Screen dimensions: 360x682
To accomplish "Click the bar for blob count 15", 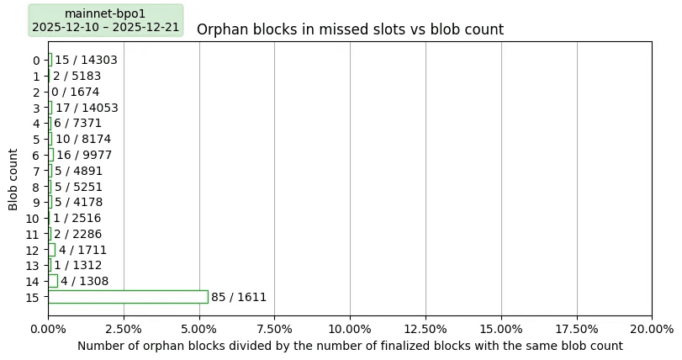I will click(x=128, y=297).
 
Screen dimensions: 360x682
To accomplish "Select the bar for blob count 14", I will click(x=53, y=281).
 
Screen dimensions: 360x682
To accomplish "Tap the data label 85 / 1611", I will click(x=239, y=297).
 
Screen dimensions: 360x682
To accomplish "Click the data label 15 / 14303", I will click(x=86, y=60).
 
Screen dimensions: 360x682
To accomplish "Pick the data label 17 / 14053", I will click(x=87, y=108).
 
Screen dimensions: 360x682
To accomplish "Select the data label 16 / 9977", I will click(x=84, y=155).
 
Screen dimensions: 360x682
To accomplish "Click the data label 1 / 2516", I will click(x=77, y=218).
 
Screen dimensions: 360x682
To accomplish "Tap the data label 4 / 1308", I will click(x=84, y=281).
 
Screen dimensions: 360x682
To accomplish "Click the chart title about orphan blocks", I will click(x=350, y=30).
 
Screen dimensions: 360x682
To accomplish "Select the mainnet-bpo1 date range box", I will click(x=105, y=20).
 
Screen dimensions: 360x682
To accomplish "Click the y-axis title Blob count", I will click(x=13, y=178).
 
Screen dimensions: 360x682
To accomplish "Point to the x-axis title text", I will click(x=350, y=346).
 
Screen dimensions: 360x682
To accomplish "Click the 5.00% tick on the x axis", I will click(x=199, y=329).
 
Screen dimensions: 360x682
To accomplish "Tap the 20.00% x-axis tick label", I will click(x=652, y=329).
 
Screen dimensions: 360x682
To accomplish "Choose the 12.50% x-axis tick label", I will click(x=426, y=329).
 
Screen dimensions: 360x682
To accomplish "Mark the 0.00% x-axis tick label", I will click(x=48, y=329).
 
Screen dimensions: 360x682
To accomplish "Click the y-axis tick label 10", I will click(x=32, y=218).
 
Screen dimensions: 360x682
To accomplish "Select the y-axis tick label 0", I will click(x=35, y=60).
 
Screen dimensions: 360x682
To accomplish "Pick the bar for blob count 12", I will click(x=51, y=250).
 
